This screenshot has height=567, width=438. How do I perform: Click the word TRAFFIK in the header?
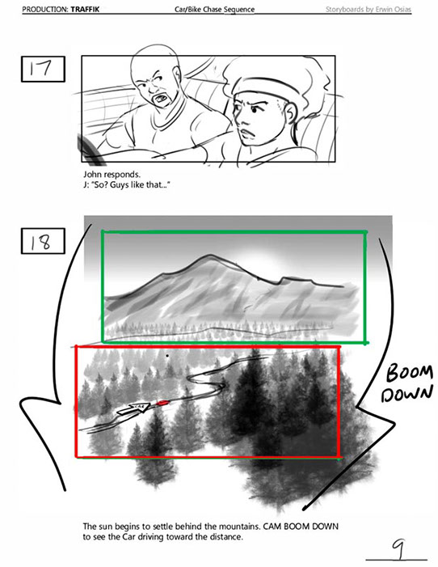click(x=85, y=9)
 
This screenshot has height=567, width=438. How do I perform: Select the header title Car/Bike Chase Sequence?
click(x=214, y=9)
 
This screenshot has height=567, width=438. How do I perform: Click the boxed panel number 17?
click(x=43, y=69)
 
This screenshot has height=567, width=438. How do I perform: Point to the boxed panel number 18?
click(x=43, y=241)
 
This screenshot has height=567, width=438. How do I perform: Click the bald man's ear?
click(x=177, y=74)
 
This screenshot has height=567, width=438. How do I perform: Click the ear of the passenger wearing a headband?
click(x=289, y=112)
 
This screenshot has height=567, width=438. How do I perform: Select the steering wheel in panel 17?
click(x=90, y=151)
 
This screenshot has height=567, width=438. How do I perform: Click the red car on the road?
click(x=162, y=402)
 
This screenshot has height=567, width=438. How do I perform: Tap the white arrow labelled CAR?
click(x=133, y=408)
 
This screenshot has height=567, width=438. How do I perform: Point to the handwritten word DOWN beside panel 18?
click(x=406, y=393)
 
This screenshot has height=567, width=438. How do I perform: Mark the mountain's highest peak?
click(x=208, y=256)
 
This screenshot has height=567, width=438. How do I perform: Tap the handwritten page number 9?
click(x=399, y=549)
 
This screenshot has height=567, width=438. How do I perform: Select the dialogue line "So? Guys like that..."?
click(x=130, y=185)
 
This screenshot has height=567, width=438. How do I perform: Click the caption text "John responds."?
click(x=112, y=175)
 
